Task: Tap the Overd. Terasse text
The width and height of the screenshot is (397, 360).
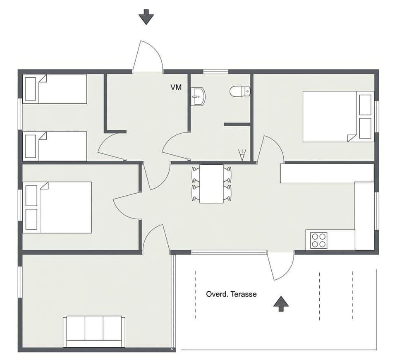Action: click(231, 294)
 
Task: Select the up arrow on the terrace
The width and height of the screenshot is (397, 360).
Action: click(281, 303)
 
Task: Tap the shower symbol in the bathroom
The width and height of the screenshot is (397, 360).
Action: click(242, 155)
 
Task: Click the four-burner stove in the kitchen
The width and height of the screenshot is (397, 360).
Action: click(318, 240)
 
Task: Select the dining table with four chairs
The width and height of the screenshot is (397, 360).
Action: click(211, 184)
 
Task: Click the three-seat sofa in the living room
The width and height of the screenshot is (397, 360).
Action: click(94, 331)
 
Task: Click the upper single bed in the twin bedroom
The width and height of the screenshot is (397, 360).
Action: click(55, 89)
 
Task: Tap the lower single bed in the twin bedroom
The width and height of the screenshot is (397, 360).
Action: click(55, 146)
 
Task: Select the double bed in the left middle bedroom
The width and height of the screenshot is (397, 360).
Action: click(58, 207)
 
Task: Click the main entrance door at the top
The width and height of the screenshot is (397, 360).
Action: click(148, 58)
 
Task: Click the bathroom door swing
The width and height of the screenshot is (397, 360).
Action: click(176, 146)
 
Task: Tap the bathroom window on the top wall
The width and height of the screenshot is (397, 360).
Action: click(216, 72)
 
